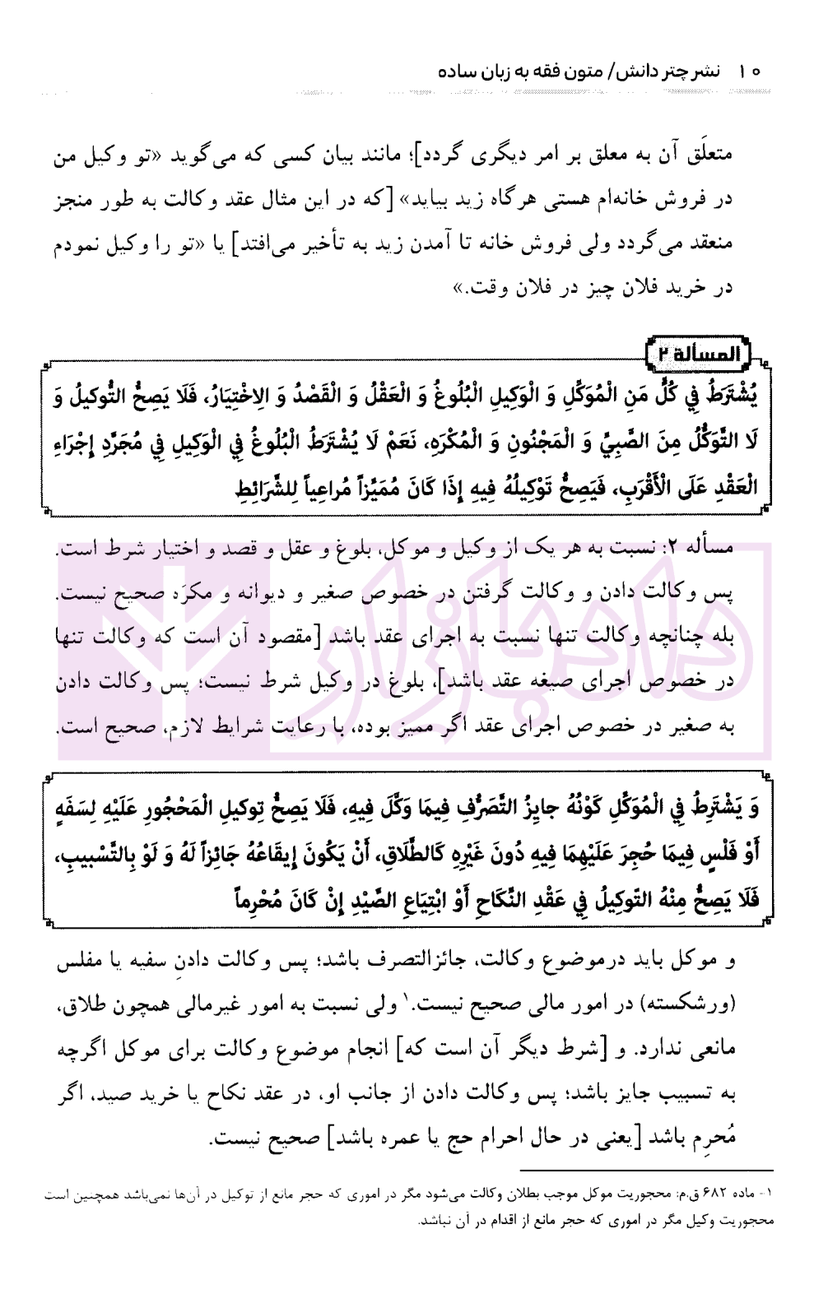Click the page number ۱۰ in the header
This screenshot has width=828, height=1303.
point(750,72)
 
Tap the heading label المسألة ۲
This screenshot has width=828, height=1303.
point(701,355)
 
